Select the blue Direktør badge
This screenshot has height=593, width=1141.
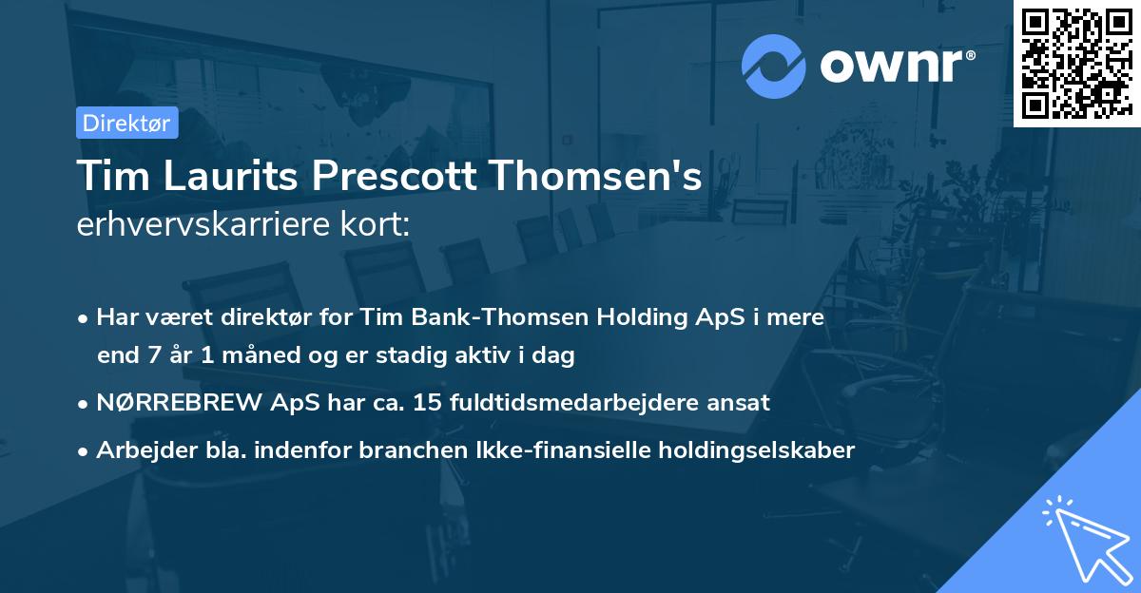point(126,123)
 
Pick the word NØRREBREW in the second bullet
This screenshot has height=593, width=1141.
point(163,403)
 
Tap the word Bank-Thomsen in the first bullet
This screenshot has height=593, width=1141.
point(511,317)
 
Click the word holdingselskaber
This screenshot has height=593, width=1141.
point(749,450)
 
